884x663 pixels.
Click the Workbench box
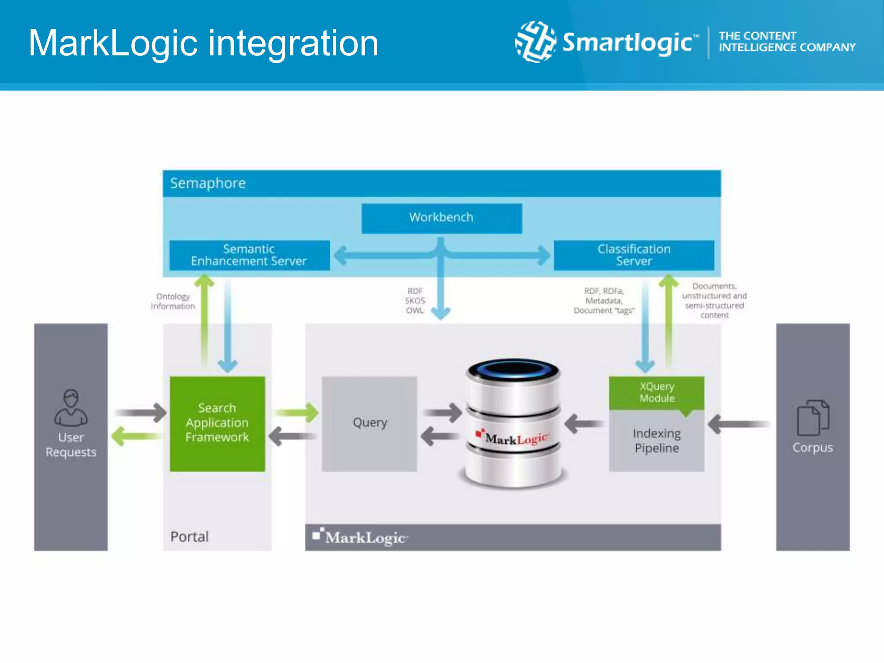pos(441,218)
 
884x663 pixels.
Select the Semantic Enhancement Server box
pos(249,255)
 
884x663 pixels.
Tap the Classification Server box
pos(633,255)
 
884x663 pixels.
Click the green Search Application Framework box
pos(217,423)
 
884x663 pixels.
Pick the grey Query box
pos(369,423)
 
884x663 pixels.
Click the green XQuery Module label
pos(657,392)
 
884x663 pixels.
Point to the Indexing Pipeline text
pos(657,441)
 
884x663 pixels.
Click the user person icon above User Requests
pos(71,407)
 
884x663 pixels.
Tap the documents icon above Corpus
pos(812,417)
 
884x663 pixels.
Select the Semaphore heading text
pos(208,183)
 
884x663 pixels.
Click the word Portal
pos(189,537)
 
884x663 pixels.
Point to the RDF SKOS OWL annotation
pos(415,301)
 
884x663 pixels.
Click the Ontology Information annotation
pos(173,301)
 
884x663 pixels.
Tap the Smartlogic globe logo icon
pos(535,42)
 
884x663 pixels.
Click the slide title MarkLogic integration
pos(203,43)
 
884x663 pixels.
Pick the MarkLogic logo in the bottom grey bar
pos(360,537)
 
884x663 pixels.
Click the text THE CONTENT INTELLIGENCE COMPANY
pos(786,41)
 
